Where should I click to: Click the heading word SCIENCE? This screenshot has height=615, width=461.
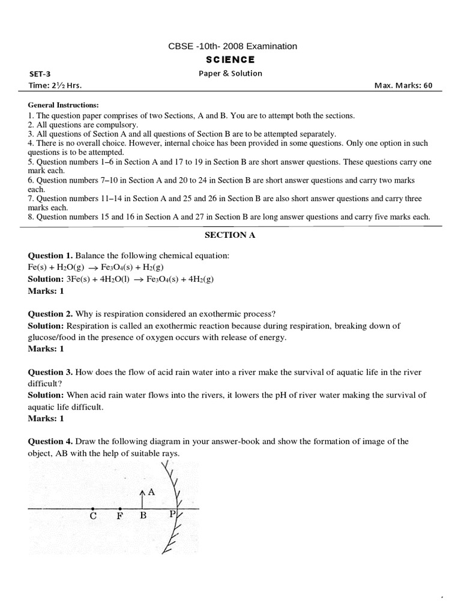[x=230, y=59]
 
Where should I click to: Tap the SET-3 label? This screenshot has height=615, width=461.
[x=40, y=74]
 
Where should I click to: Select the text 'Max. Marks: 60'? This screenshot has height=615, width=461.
[x=403, y=85]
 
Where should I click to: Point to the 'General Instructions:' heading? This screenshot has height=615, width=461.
[x=63, y=105]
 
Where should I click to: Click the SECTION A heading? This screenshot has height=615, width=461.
[x=230, y=235]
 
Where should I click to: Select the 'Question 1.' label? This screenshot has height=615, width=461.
[x=50, y=256]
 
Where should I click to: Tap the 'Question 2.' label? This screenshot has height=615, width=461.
[x=50, y=314]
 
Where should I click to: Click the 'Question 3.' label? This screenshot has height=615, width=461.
[x=50, y=372]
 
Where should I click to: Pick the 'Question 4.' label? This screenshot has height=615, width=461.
[x=50, y=441]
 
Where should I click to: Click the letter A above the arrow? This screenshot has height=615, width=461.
[x=151, y=491]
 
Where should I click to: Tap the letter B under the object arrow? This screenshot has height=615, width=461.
[x=142, y=515]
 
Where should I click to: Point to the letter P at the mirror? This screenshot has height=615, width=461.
[x=172, y=515]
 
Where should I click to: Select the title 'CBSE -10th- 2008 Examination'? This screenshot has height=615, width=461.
[x=230, y=46]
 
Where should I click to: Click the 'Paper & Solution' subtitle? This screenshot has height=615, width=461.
[x=230, y=73]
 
